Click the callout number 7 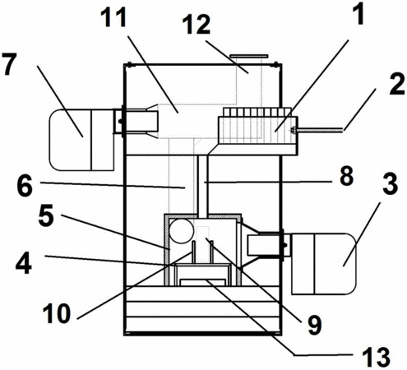pyautogui.click(x=9, y=64)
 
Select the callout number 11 pyautogui.click(x=113, y=17)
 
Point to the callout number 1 pyautogui.click(x=358, y=13)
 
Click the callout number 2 pyautogui.click(x=397, y=85)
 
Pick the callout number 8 pyautogui.click(x=346, y=176)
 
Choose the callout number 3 pyautogui.click(x=390, y=184)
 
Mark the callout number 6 pyautogui.click(x=25, y=187)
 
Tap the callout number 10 pyautogui.click(x=56, y=313)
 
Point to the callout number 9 pyautogui.click(x=314, y=325)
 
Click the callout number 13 pyautogui.click(x=377, y=357)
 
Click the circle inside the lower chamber pyautogui.click(x=182, y=231)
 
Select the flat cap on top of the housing pyautogui.click(x=248, y=56)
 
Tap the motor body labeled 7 pyautogui.click(x=81, y=140)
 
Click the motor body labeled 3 pyautogui.click(x=324, y=264)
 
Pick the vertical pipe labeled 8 pyautogui.click(x=203, y=184)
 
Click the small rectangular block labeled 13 pyautogui.click(x=202, y=282)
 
